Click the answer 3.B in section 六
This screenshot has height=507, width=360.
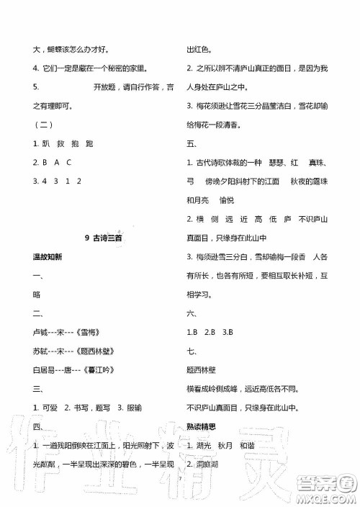[x=228, y=332]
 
